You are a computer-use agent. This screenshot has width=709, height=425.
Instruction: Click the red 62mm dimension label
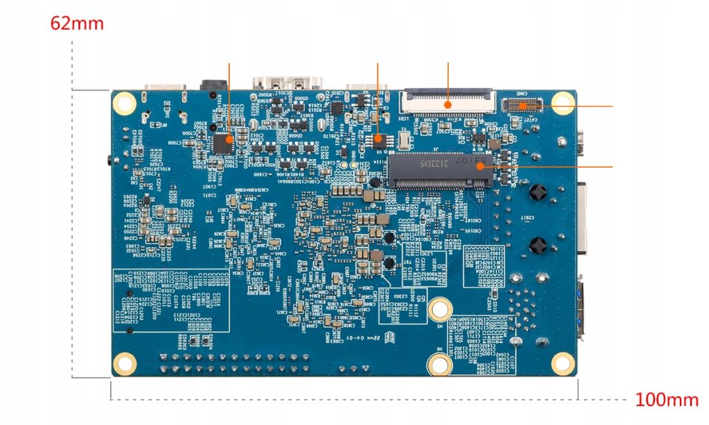point(77,24)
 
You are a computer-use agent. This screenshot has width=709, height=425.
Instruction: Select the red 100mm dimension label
point(666,399)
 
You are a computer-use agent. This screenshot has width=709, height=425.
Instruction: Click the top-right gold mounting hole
point(562,102)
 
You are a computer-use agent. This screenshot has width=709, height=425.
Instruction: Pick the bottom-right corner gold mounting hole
point(562,364)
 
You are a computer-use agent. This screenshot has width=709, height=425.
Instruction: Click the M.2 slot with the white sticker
point(439,170)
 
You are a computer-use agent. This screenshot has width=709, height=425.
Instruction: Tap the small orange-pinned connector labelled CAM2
point(523,104)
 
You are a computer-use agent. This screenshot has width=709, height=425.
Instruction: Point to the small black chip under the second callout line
point(379,141)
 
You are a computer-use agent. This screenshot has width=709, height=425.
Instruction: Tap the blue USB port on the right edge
point(583,307)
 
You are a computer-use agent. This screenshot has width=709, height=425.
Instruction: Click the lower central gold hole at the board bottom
point(440,364)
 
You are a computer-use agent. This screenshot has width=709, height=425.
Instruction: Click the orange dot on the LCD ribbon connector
point(448,105)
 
